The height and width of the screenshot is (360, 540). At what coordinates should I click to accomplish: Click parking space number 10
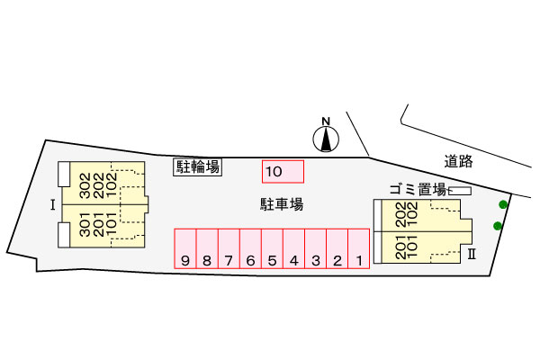[283, 171]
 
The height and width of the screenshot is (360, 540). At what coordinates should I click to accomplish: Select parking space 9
[185, 248]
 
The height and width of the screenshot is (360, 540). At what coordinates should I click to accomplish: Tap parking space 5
[272, 248]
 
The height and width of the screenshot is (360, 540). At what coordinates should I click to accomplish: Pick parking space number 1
[359, 248]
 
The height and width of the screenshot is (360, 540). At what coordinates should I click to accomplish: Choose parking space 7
[229, 248]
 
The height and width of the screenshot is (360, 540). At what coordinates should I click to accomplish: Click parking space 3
[316, 248]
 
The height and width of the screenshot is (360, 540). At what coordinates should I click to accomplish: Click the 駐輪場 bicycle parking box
[198, 167]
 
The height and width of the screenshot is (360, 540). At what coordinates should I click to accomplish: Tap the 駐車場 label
[282, 204]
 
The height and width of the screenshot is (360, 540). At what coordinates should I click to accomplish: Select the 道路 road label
[458, 161]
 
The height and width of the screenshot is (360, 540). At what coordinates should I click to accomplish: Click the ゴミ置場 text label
[418, 190]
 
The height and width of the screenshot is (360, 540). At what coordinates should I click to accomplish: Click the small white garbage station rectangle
[460, 191]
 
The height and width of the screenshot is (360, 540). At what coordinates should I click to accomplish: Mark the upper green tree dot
[503, 204]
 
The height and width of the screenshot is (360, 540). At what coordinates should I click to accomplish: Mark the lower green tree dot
[498, 226]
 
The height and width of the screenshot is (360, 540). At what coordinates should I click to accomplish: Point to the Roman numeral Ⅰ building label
[53, 205]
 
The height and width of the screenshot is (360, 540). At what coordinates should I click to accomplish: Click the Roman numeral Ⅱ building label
[472, 255]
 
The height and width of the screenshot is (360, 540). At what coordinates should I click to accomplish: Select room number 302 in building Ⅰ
[85, 185]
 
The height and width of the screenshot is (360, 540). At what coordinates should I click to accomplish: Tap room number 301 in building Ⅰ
[85, 224]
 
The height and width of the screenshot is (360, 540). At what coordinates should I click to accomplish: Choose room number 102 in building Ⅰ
[111, 185]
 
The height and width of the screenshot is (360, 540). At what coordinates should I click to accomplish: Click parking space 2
[337, 248]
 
